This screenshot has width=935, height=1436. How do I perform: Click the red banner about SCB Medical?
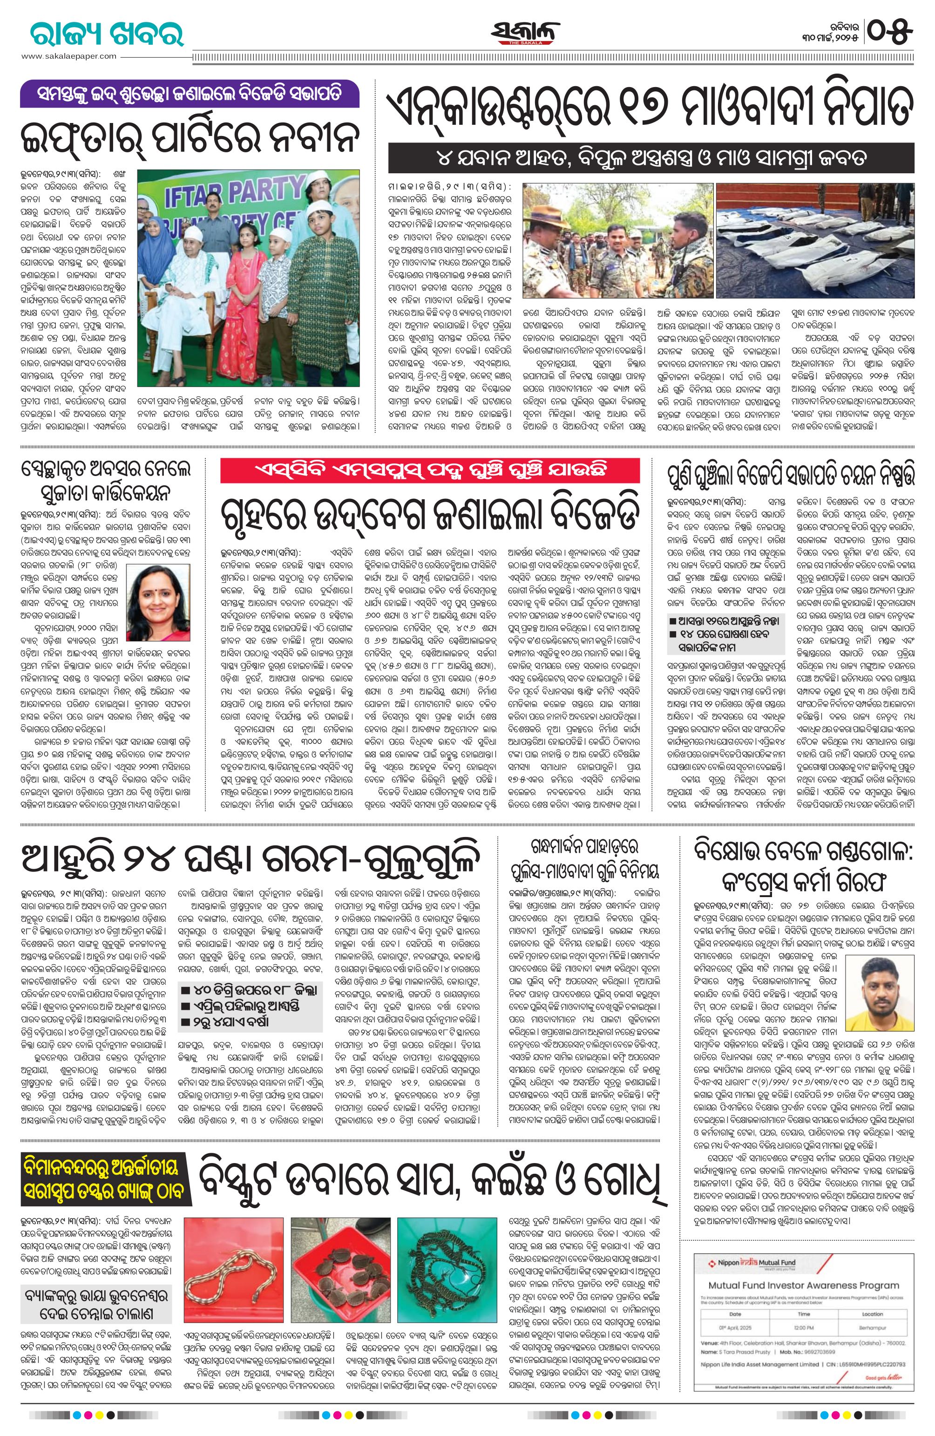pyautogui.click(x=429, y=470)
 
